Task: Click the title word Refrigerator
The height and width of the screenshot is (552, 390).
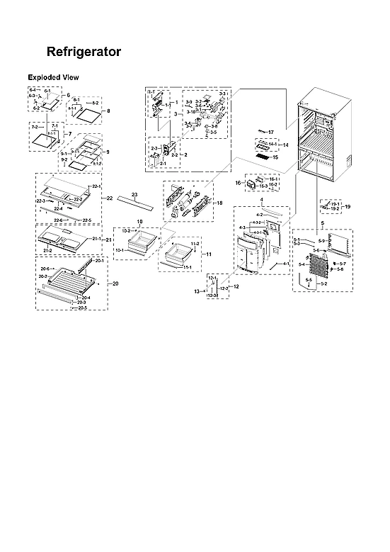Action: pos(83,52)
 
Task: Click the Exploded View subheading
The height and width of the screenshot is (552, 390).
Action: pos(53,77)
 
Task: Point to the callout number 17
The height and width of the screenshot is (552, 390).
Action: pos(270,133)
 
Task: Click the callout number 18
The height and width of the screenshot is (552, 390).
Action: pos(219,203)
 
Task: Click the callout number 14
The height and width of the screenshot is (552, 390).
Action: pos(287,145)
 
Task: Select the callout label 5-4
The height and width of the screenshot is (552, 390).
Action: pos(301,264)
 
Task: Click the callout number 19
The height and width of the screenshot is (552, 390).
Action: pos(347,206)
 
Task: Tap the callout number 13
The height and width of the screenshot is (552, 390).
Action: pos(197,291)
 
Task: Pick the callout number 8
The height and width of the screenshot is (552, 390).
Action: pos(108,111)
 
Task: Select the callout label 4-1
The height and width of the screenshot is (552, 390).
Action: pos(285,264)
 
